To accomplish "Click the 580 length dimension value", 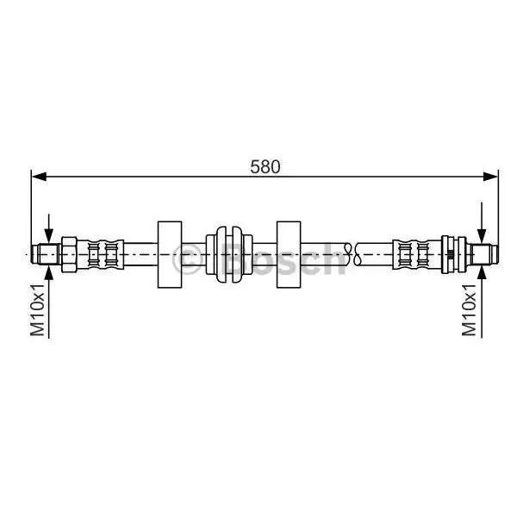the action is click(x=265, y=167).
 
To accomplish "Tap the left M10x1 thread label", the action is click(x=38, y=309).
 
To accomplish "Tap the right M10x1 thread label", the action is click(x=469, y=309).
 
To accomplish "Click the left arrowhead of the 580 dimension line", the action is click(x=39, y=177).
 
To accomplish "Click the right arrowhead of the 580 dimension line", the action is click(x=490, y=177).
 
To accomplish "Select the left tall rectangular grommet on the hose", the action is click(x=170, y=254).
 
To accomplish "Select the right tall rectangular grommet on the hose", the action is click(x=289, y=254).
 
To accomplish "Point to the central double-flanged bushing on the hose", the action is click(x=229, y=254).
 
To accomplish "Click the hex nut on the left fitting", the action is click(x=69, y=254).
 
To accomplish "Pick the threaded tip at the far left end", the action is click(x=46, y=254).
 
